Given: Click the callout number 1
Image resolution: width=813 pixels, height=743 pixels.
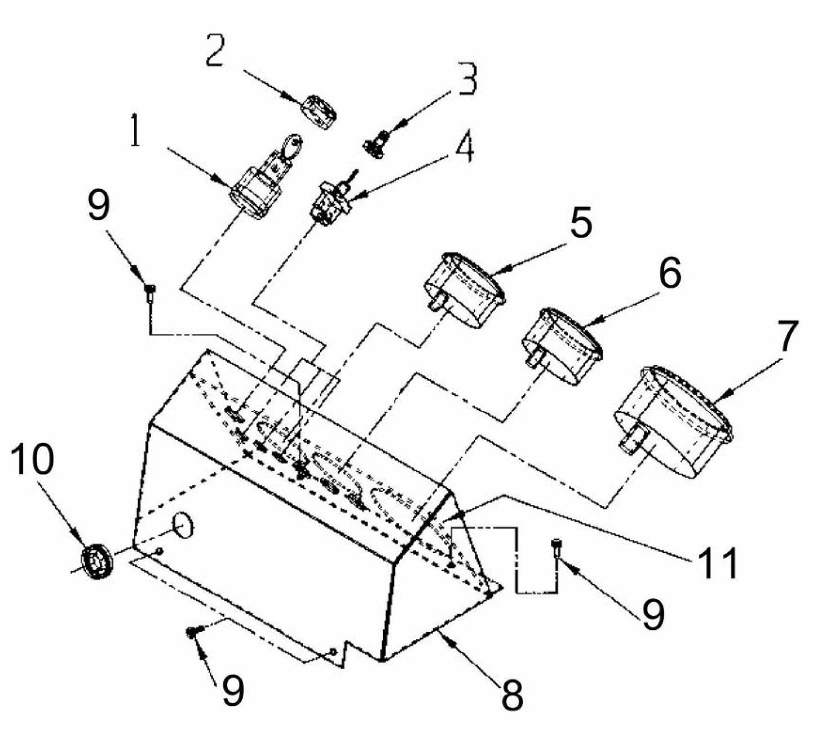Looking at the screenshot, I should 136,131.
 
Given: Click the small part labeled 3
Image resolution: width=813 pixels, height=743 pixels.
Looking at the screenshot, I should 375,143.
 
